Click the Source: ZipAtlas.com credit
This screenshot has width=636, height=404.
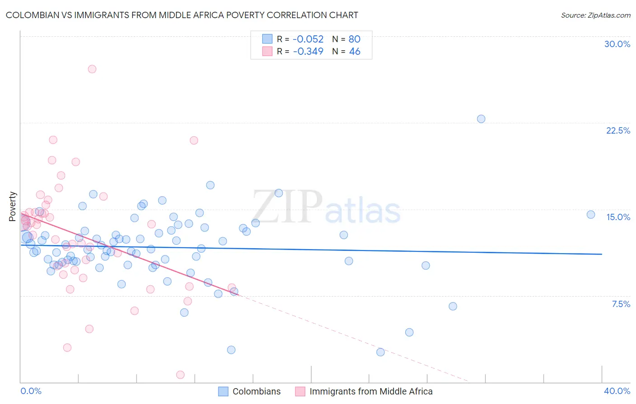coord(595,15)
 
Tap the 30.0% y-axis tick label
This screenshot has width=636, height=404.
coord(617,44)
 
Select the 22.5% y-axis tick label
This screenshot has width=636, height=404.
coord(618,130)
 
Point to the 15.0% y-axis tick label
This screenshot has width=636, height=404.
coord(618,217)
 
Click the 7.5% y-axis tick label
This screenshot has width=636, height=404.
coord(621,304)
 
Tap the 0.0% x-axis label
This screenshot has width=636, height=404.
coord(31,391)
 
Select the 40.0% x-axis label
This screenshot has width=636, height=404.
coord(617,391)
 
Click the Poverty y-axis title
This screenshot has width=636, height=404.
coord(12,207)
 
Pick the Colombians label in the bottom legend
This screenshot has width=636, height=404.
coord(256,391)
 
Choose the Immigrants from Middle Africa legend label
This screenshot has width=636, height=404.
coord(371,391)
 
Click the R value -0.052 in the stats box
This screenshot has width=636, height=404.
coord(308,39)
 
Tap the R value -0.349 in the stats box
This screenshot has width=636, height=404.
coord(308,51)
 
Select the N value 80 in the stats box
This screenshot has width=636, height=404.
coord(354,39)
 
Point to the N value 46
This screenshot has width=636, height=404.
coord(355,51)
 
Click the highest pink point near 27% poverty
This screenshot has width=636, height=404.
coord(92,69)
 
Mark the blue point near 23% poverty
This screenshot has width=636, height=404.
coord(481,119)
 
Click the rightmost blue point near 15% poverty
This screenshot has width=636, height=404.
coord(590,214)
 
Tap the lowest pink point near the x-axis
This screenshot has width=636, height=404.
coord(180,375)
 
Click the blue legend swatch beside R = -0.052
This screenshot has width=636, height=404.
coord(267,39)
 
